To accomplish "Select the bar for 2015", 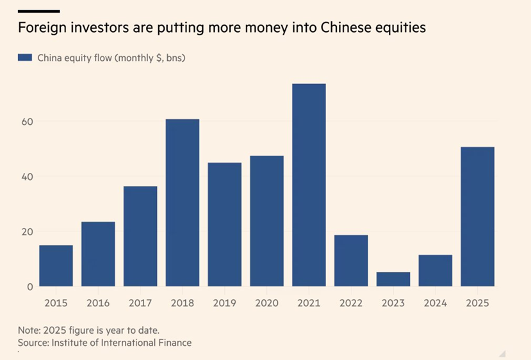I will (56, 266).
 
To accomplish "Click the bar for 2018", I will (183, 202).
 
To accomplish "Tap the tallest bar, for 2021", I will (309, 185).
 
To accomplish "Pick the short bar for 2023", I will (393, 279).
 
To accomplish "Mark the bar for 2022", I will (351, 261).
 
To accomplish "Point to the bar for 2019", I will (225, 224).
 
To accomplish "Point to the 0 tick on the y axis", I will (29, 287).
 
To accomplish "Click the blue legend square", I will (25, 58).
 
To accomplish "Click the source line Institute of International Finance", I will (104, 343).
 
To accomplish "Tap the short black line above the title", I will (39, 11).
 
